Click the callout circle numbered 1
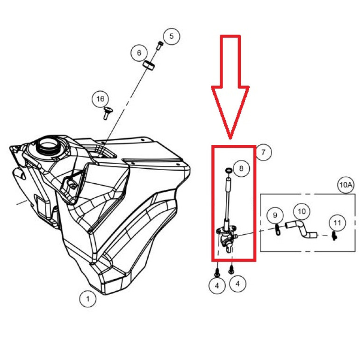pos(88,299)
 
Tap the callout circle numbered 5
pos(172,36)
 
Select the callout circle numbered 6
pos(139,53)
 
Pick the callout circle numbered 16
pos(101,99)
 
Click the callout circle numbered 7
pos(263,152)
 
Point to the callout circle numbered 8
pos(241,168)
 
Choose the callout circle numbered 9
pos(275,216)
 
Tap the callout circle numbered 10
pos(302,211)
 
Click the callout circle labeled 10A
pos(346,185)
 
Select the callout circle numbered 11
pos(337,223)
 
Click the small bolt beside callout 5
pos(160,45)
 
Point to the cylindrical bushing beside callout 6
pos(149,65)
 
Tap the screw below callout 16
pos(107,113)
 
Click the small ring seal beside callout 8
pos(229,170)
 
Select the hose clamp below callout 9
pos(278,230)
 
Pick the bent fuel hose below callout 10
pos(301,229)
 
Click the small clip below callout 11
pos(334,236)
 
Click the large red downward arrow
pos(230,87)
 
